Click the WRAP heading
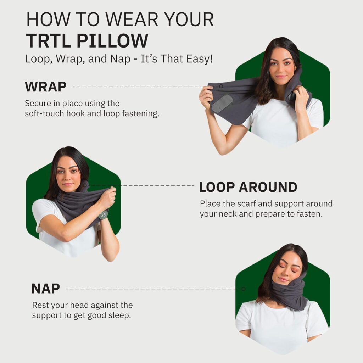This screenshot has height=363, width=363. click(45, 86)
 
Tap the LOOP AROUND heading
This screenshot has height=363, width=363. click(248, 187)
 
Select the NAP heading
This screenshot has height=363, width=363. click(45, 289)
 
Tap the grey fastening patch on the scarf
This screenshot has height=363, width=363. click(222, 104)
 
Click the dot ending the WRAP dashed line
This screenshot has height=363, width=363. click(221, 86)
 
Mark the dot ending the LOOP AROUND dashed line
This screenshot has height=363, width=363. click(85, 185)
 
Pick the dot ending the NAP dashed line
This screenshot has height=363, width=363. click(243, 289)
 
